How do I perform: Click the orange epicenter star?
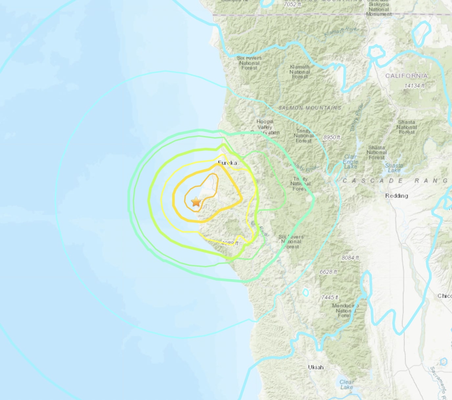click(x=196, y=202)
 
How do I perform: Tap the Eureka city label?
click(x=227, y=163)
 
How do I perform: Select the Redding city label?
click(x=396, y=196)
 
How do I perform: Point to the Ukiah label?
click(x=316, y=367)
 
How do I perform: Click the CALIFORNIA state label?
click(x=406, y=76)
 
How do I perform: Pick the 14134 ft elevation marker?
click(x=414, y=86)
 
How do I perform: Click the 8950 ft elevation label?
click(x=331, y=137)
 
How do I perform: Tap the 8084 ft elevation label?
click(x=350, y=258)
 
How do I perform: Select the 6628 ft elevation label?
click(x=328, y=272)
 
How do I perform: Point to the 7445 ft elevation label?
click(x=329, y=297)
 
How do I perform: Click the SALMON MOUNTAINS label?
click(x=310, y=108)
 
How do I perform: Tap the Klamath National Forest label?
click(x=300, y=72)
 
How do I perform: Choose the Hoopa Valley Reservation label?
click(x=265, y=127)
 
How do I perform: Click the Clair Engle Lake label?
click(x=350, y=162)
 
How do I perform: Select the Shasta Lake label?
click(x=394, y=168)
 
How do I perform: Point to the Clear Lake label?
click(x=347, y=385)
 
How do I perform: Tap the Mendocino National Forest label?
click(x=345, y=310)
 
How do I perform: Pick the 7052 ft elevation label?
click(x=292, y=4)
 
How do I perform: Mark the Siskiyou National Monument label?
click(x=379, y=9)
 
